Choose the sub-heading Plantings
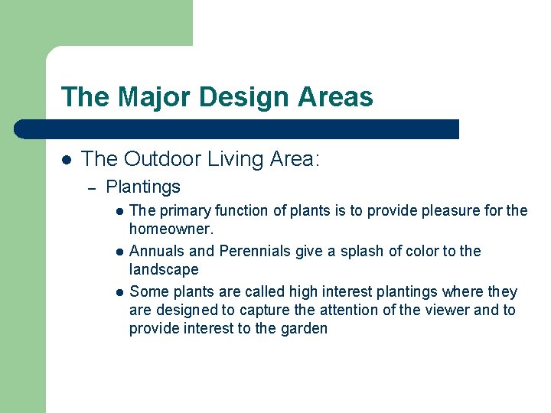143,187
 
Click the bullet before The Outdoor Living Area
67,160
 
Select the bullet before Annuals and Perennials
119,252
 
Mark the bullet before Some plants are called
119,292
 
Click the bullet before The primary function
119,211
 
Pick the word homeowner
167,229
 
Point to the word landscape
164,269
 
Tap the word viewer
448,310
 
